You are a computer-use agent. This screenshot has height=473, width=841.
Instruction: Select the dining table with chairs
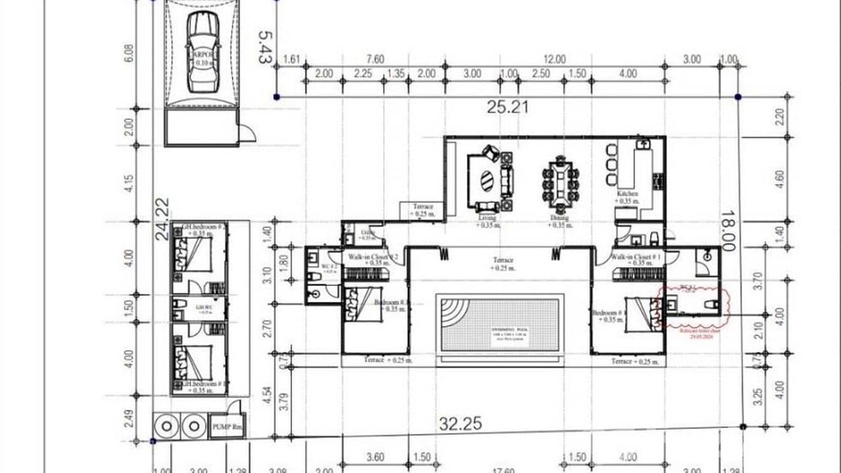pos(560,183)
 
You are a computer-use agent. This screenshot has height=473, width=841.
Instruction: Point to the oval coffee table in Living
pos(486,182)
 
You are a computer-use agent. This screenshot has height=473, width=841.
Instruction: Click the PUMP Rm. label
pos(227,427)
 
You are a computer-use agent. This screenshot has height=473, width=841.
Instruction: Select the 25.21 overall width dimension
pos(508,107)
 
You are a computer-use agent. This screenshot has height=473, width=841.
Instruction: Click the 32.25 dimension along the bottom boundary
pos(460,425)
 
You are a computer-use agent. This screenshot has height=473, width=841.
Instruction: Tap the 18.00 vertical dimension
pos(727,230)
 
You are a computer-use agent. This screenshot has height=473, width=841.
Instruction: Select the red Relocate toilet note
pos(694,332)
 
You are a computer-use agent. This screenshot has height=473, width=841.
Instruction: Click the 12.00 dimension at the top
pos(554,60)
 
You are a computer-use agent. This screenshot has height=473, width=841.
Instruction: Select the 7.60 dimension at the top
pos(374,60)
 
